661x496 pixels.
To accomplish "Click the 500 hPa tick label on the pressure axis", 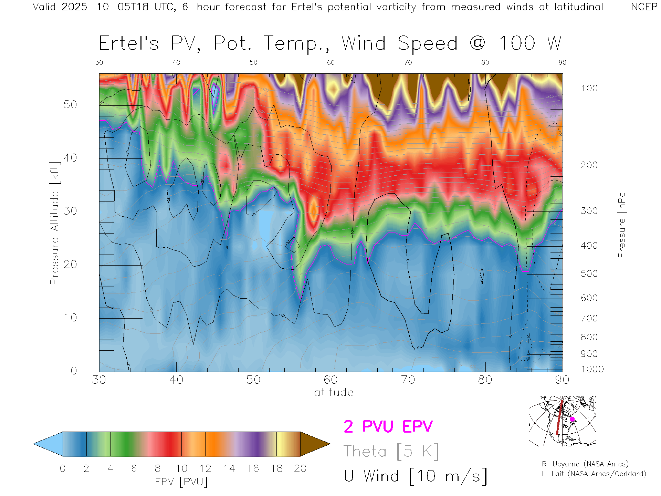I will point(589,273).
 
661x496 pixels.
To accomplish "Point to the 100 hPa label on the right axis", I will point(589,88).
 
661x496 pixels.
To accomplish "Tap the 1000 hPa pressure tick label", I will point(592,369).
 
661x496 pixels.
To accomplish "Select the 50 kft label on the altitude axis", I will point(70,104).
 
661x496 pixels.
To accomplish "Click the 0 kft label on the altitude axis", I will point(74,371).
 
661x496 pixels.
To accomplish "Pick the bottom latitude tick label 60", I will point(330,380).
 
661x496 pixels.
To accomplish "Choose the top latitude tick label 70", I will point(408,62).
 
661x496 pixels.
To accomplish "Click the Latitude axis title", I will point(330,392).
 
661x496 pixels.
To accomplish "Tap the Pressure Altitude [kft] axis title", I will point(54,223).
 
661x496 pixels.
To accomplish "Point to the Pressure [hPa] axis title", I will point(621,223).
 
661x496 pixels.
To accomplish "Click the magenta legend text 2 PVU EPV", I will point(388,426).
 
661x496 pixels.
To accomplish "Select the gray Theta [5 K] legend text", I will point(391,451).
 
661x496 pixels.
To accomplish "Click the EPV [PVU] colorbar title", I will point(181,482).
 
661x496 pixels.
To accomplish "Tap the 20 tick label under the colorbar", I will point(300,468).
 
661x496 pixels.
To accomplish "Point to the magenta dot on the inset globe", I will point(572,419).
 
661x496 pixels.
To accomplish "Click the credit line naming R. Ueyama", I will point(585,464).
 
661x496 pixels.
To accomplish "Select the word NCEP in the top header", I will point(644,7).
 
